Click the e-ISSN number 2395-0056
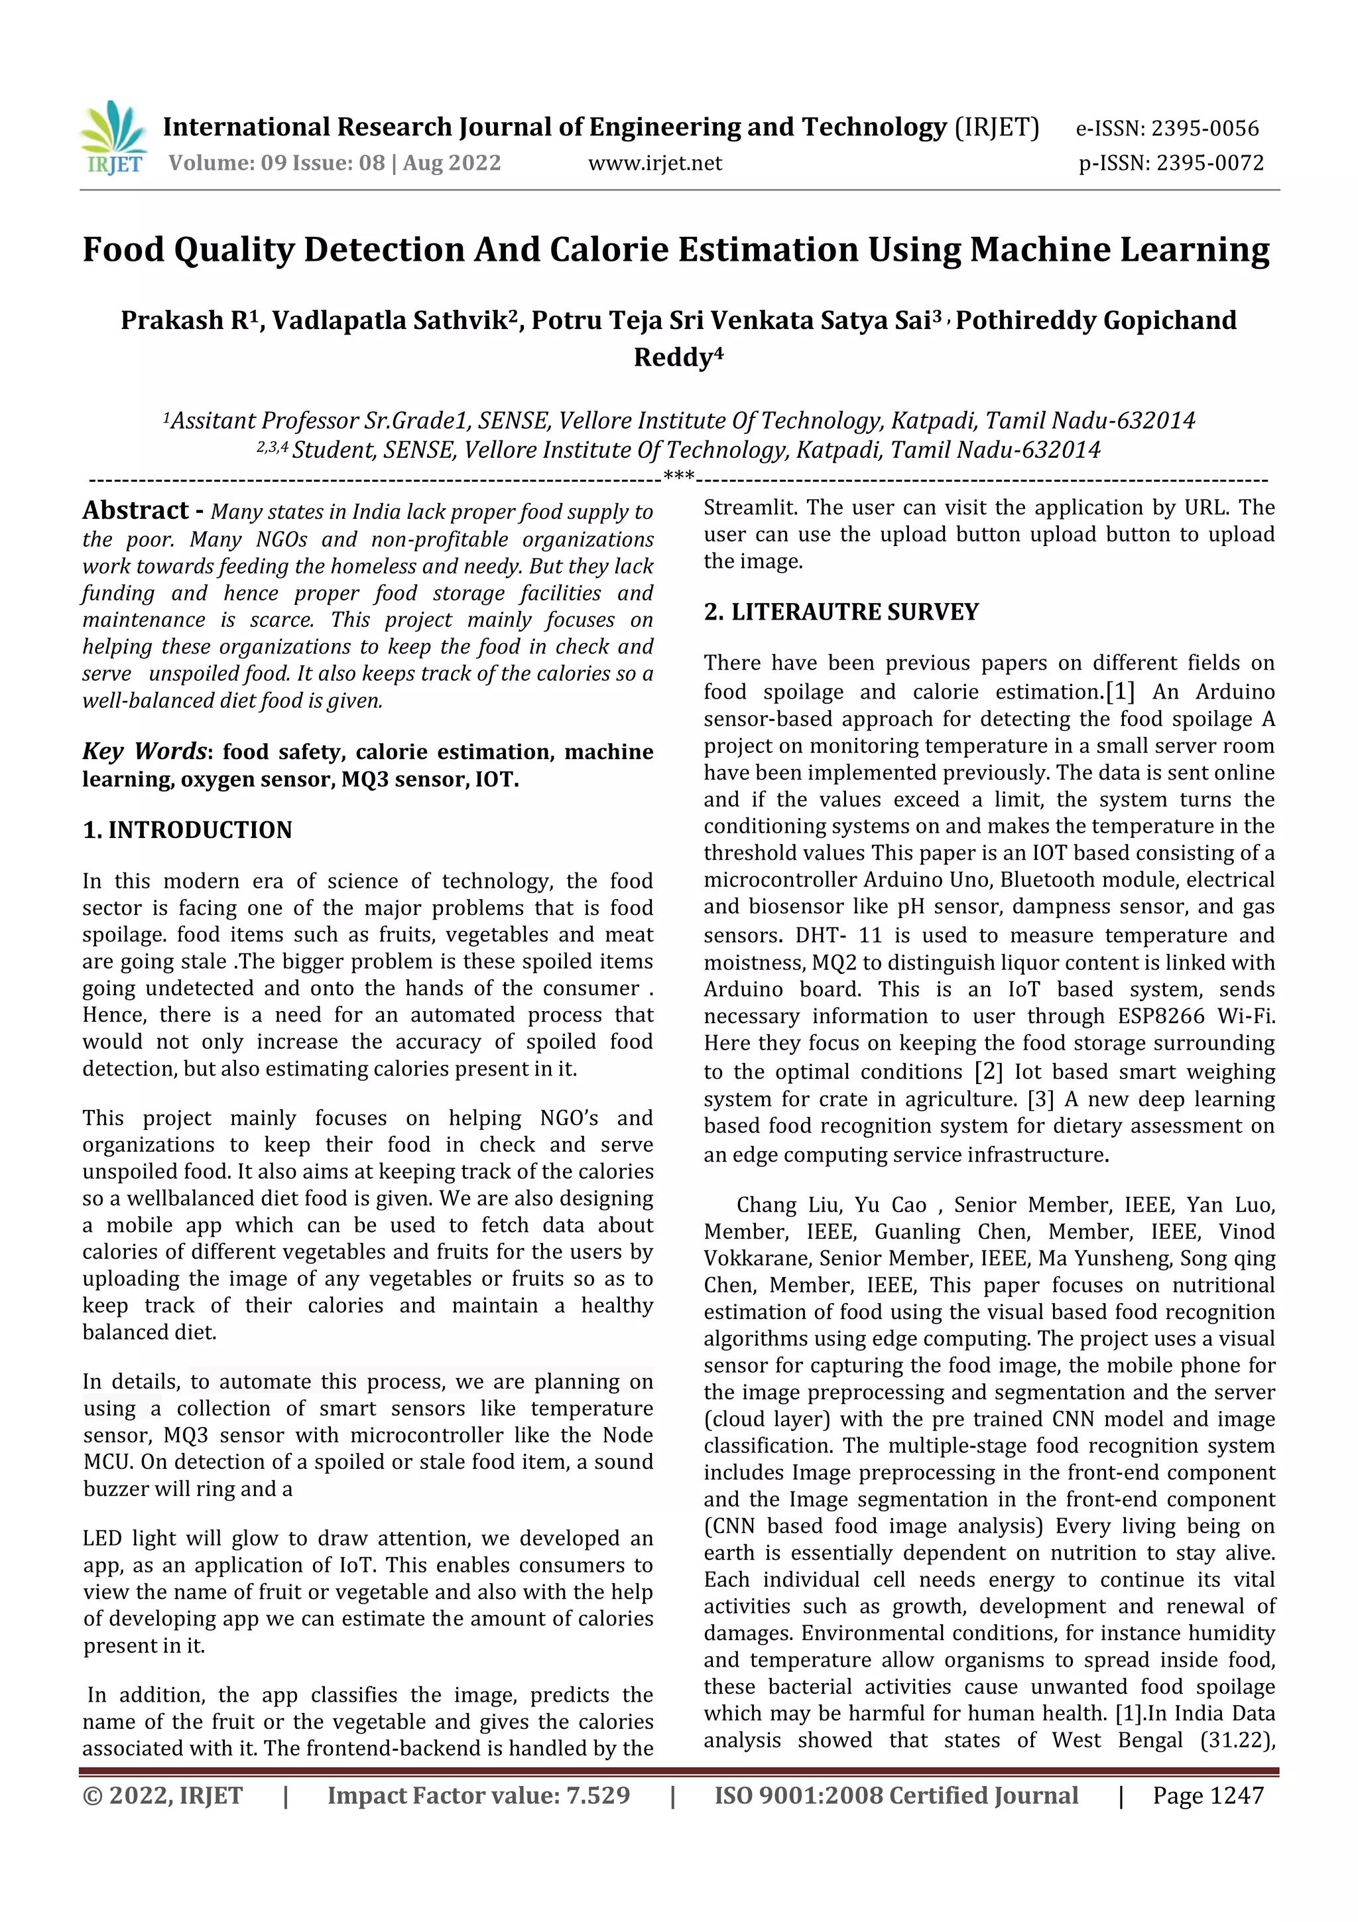1204,129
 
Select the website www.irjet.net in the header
654,163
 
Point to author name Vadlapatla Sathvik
394,320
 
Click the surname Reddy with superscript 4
678,358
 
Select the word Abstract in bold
135,511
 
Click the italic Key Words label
144,752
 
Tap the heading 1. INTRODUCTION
188,831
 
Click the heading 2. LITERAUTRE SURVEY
840,612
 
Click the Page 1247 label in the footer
1207,1795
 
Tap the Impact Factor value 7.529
597,1795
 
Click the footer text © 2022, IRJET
162,1795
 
